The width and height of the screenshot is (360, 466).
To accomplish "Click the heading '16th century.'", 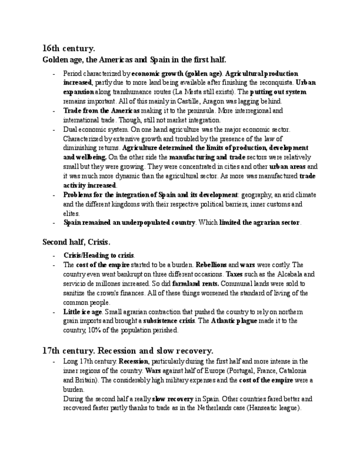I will point(69,48).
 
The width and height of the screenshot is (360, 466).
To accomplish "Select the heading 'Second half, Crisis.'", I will point(76,241).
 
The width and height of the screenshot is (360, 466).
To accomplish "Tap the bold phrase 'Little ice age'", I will point(82,312).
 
